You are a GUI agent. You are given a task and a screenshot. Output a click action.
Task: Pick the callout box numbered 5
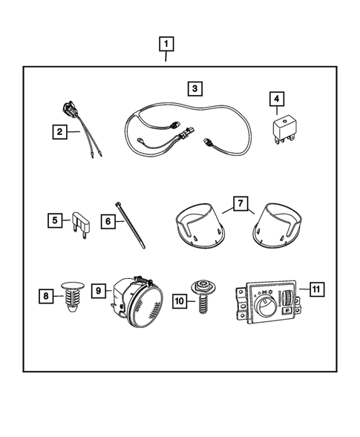(x=54, y=220)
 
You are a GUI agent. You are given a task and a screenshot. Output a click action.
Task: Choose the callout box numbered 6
(x=107, y=220)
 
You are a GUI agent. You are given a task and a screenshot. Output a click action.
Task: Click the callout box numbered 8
(x=46, y=296)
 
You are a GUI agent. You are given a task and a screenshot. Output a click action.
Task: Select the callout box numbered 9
(x=99, y=292)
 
